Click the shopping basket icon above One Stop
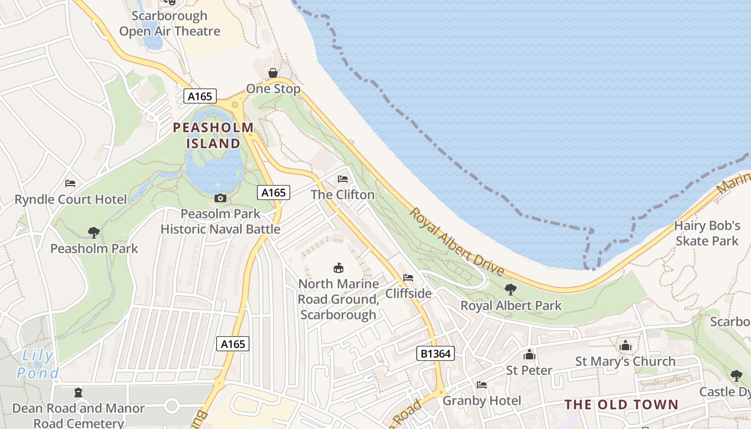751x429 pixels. pos(273,73)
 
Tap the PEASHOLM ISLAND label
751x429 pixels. pos(213,135)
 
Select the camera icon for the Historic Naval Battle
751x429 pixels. pos(220,198)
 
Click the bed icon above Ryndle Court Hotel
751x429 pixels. pos(70,183)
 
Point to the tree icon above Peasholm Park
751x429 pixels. pos(94,232)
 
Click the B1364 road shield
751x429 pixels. pos(435,353)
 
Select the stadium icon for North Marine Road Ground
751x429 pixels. pos(338,268)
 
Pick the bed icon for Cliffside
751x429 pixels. pos(408,278)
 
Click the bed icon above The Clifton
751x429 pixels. pos(343,179)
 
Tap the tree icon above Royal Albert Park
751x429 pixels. pos(511,290)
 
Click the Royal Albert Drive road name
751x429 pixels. pos(457,242)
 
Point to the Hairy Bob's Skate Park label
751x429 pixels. pos(707,233)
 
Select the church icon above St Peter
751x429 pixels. pos(529,354)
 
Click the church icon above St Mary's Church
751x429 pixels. pos(625,345)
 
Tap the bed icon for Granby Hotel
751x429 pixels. pos(482,385)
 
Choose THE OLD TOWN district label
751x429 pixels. pos(621,404)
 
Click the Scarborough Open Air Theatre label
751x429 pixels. pos(170,24)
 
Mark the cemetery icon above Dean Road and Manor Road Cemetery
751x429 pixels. pos(79,393)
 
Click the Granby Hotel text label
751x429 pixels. pos(482,401)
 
